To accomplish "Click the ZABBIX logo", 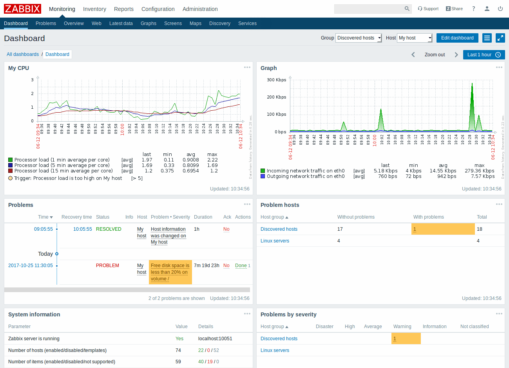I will pyautogui.click(x=22, y=9).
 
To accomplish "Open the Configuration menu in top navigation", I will pyautogui.click(x=158, y=9).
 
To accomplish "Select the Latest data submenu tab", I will pyautogui.click(x=121, y=23).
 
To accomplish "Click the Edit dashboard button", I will pyautogui.click(x=457, y=38).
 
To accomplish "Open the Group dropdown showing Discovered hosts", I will pyautogui.click(x=358, y=38).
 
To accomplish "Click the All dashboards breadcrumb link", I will pyautogui.click(x=23, y=54).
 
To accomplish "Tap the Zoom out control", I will pyautogui.click(x=435, y=55).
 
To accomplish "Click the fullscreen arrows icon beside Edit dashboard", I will pyautogui.click(x=500, y=38).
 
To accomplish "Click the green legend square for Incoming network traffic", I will pyautogui.click(x=263, y=171).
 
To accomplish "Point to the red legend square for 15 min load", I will pyautogui.click(x=11, y=171).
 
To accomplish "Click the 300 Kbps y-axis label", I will pyautogui.click(x=276, y=80).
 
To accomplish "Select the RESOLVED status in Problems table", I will pyautogui.click(x=109, y=229).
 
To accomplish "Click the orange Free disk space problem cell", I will pyautogui.click(x=170, y=272).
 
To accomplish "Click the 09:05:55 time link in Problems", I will pyautogui.click(x=43, y=229).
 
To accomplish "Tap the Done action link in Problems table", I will pyautogui.click(x=241, y=266).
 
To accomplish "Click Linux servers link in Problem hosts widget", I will pyautogui.click(x=275, y=241).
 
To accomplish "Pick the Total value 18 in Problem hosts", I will pyautogui.click(x=480, y=229).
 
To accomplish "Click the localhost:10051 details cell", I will pyautogui.click(x=215, y=339).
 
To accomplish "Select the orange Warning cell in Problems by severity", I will pyautogui.click(x=406, y=339).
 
